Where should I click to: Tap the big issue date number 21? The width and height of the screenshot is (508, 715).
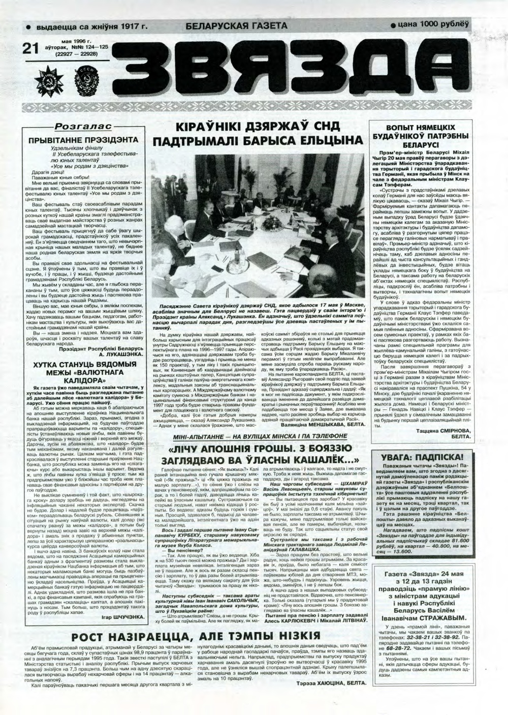pos(31,48)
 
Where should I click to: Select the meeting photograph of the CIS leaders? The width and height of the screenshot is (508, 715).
pos(260,226)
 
